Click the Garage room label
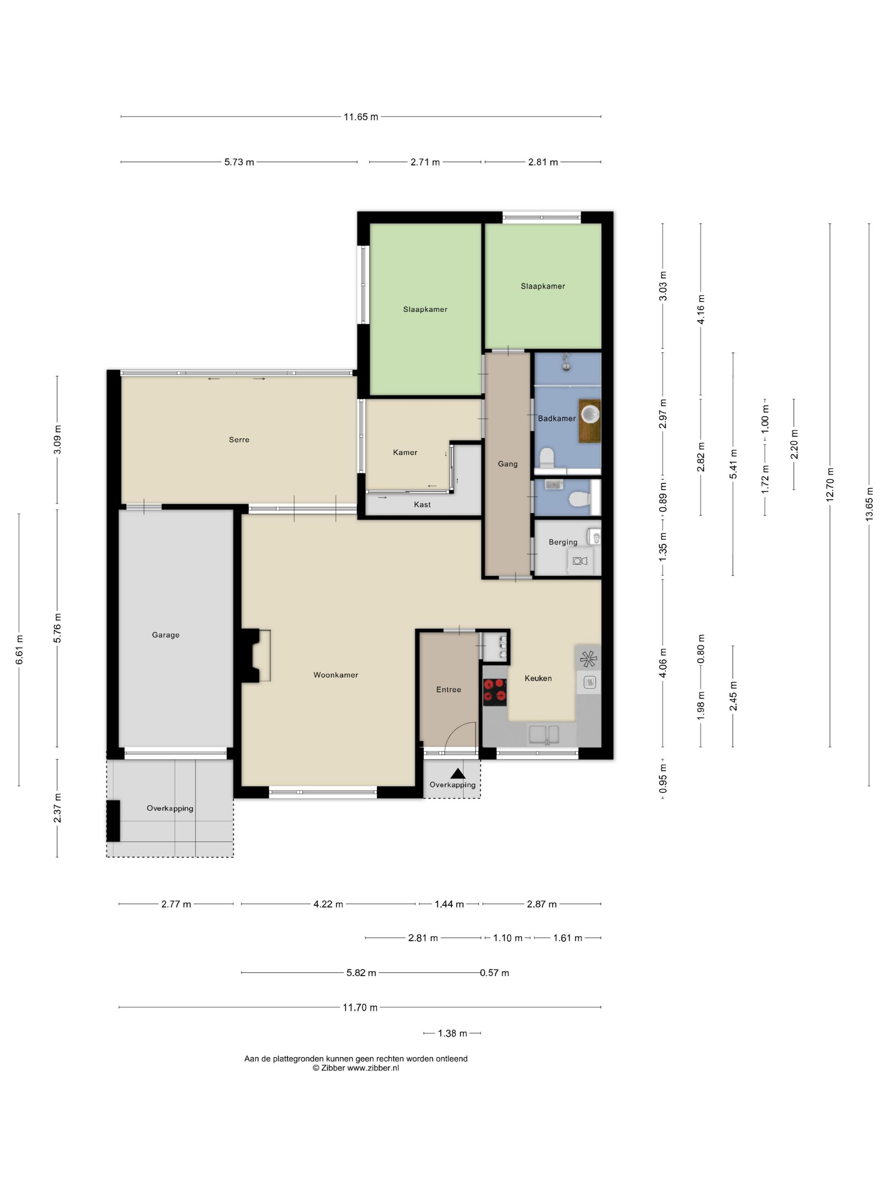[165, 635]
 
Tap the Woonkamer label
[336, 675]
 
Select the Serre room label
[239, 439]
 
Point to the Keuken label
[538, 678]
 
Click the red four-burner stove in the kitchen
[495, 690]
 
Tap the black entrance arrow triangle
[457, 773]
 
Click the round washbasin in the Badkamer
[590, 414]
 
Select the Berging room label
[562, 542]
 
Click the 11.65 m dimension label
[361, 117]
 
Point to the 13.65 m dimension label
[869, 504]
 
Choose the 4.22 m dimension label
[328, 904]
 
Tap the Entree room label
[449, 689]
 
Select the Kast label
[422, 504]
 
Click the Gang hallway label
[507, 464]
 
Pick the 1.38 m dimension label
[452, 1033]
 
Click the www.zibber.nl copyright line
[356, 1068]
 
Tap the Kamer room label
[405, 452]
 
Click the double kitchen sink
[543, 735]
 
